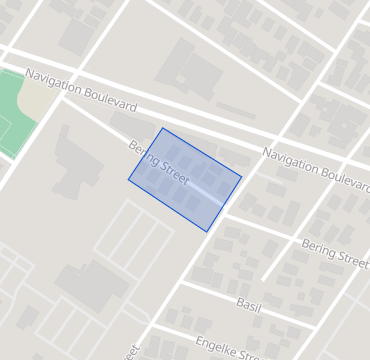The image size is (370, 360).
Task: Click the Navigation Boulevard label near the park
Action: pyautogui.click(x=81, y=91)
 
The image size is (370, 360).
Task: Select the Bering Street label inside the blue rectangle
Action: pyautogui.click(x=159, y=159)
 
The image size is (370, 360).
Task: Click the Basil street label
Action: pyautogui.click(x=248, y=303)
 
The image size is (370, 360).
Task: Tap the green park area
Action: pyautogui.click(x=14, y=115)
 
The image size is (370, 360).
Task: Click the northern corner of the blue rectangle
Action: pyautogui.click(x=162, y=128)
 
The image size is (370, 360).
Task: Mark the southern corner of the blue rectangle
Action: pyautogui.click(x=207, y=232)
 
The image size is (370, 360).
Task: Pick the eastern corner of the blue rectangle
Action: pyautogui.click(x=242, y=178)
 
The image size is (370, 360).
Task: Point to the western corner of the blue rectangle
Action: pyautogui.click(x=128, y=181)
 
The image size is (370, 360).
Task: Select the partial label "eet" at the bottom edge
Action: pyautogui.click(x=133, y=353)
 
